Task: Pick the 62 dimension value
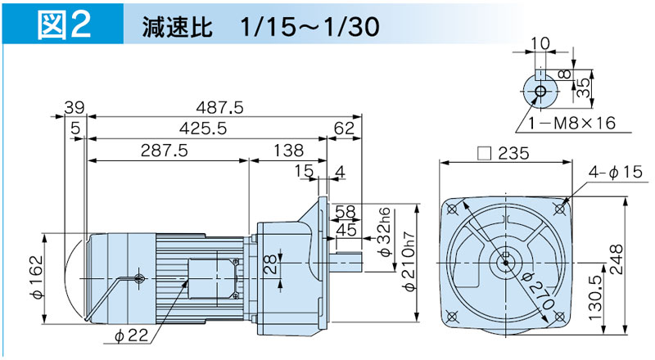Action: (344, 129)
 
